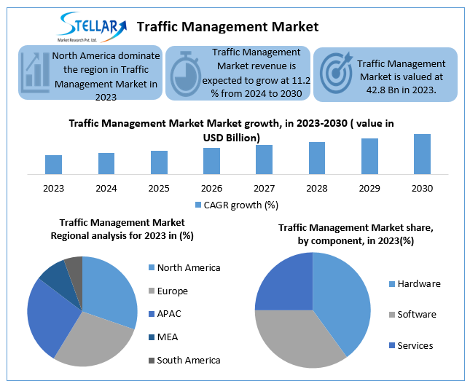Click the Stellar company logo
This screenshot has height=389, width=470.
(x=91, y=26)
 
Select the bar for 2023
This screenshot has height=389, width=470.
(x=53, y=165)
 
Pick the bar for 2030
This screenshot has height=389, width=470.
(x=422, y=154)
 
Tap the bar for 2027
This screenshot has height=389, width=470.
(x=264, y=160)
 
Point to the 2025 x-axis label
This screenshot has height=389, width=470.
(x=159, y=189)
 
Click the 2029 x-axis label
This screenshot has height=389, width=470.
(x=369, y=189)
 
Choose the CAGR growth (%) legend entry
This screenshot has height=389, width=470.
(x=237, y=205)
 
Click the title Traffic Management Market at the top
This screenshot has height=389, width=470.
(x=227, y=27)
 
